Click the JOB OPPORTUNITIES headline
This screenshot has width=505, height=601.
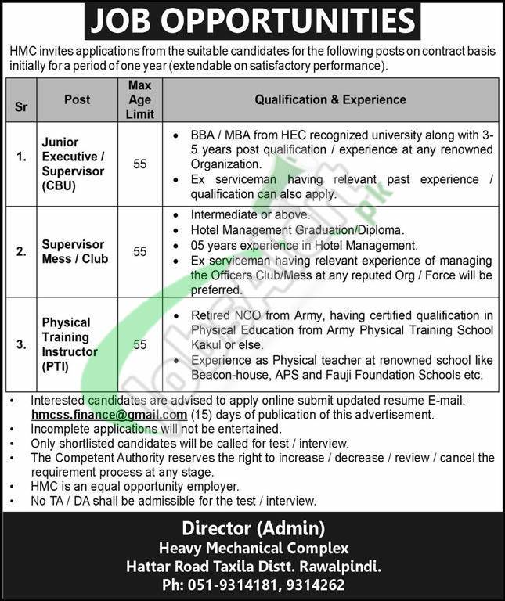(x=252, y=22)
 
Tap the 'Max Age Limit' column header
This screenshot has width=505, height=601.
(x=140, y=99)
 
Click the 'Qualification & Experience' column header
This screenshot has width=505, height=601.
(x=330, y=99)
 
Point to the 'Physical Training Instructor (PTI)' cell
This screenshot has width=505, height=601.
(x=67, y=344)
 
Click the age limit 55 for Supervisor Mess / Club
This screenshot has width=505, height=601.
(x=140, y=251)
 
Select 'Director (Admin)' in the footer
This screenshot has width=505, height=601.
(x=252, y=528)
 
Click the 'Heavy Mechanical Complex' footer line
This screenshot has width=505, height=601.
(x=252, y=548)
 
